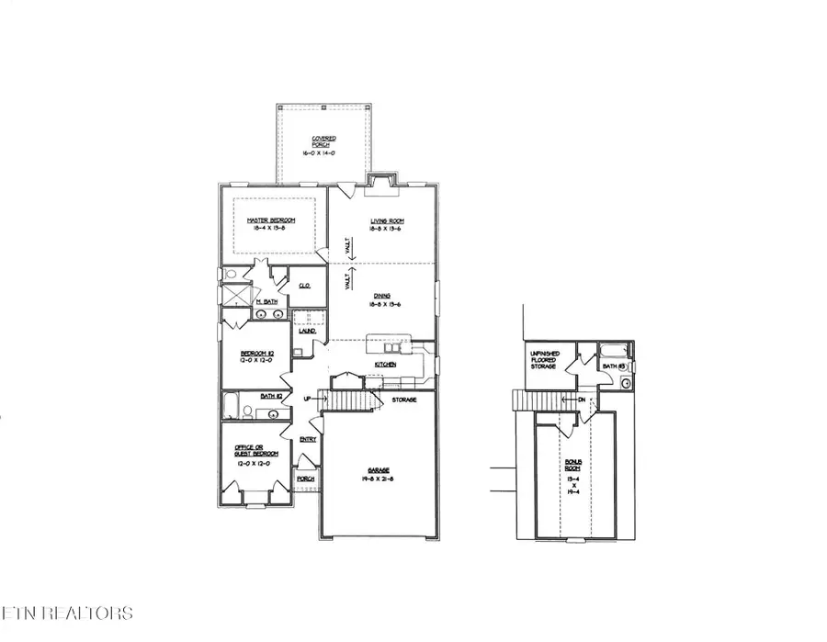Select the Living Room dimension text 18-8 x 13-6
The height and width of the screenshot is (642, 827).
click(x=387, y=229)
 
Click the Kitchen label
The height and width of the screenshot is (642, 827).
click(x=385, y=365)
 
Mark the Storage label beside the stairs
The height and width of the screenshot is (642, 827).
click(x=405, y=400)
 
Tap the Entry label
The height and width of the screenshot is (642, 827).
click(x=308, y=439)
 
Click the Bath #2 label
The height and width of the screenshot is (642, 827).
click(x=268, y=396)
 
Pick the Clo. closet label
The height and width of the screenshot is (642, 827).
click(x=304, y=286)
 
